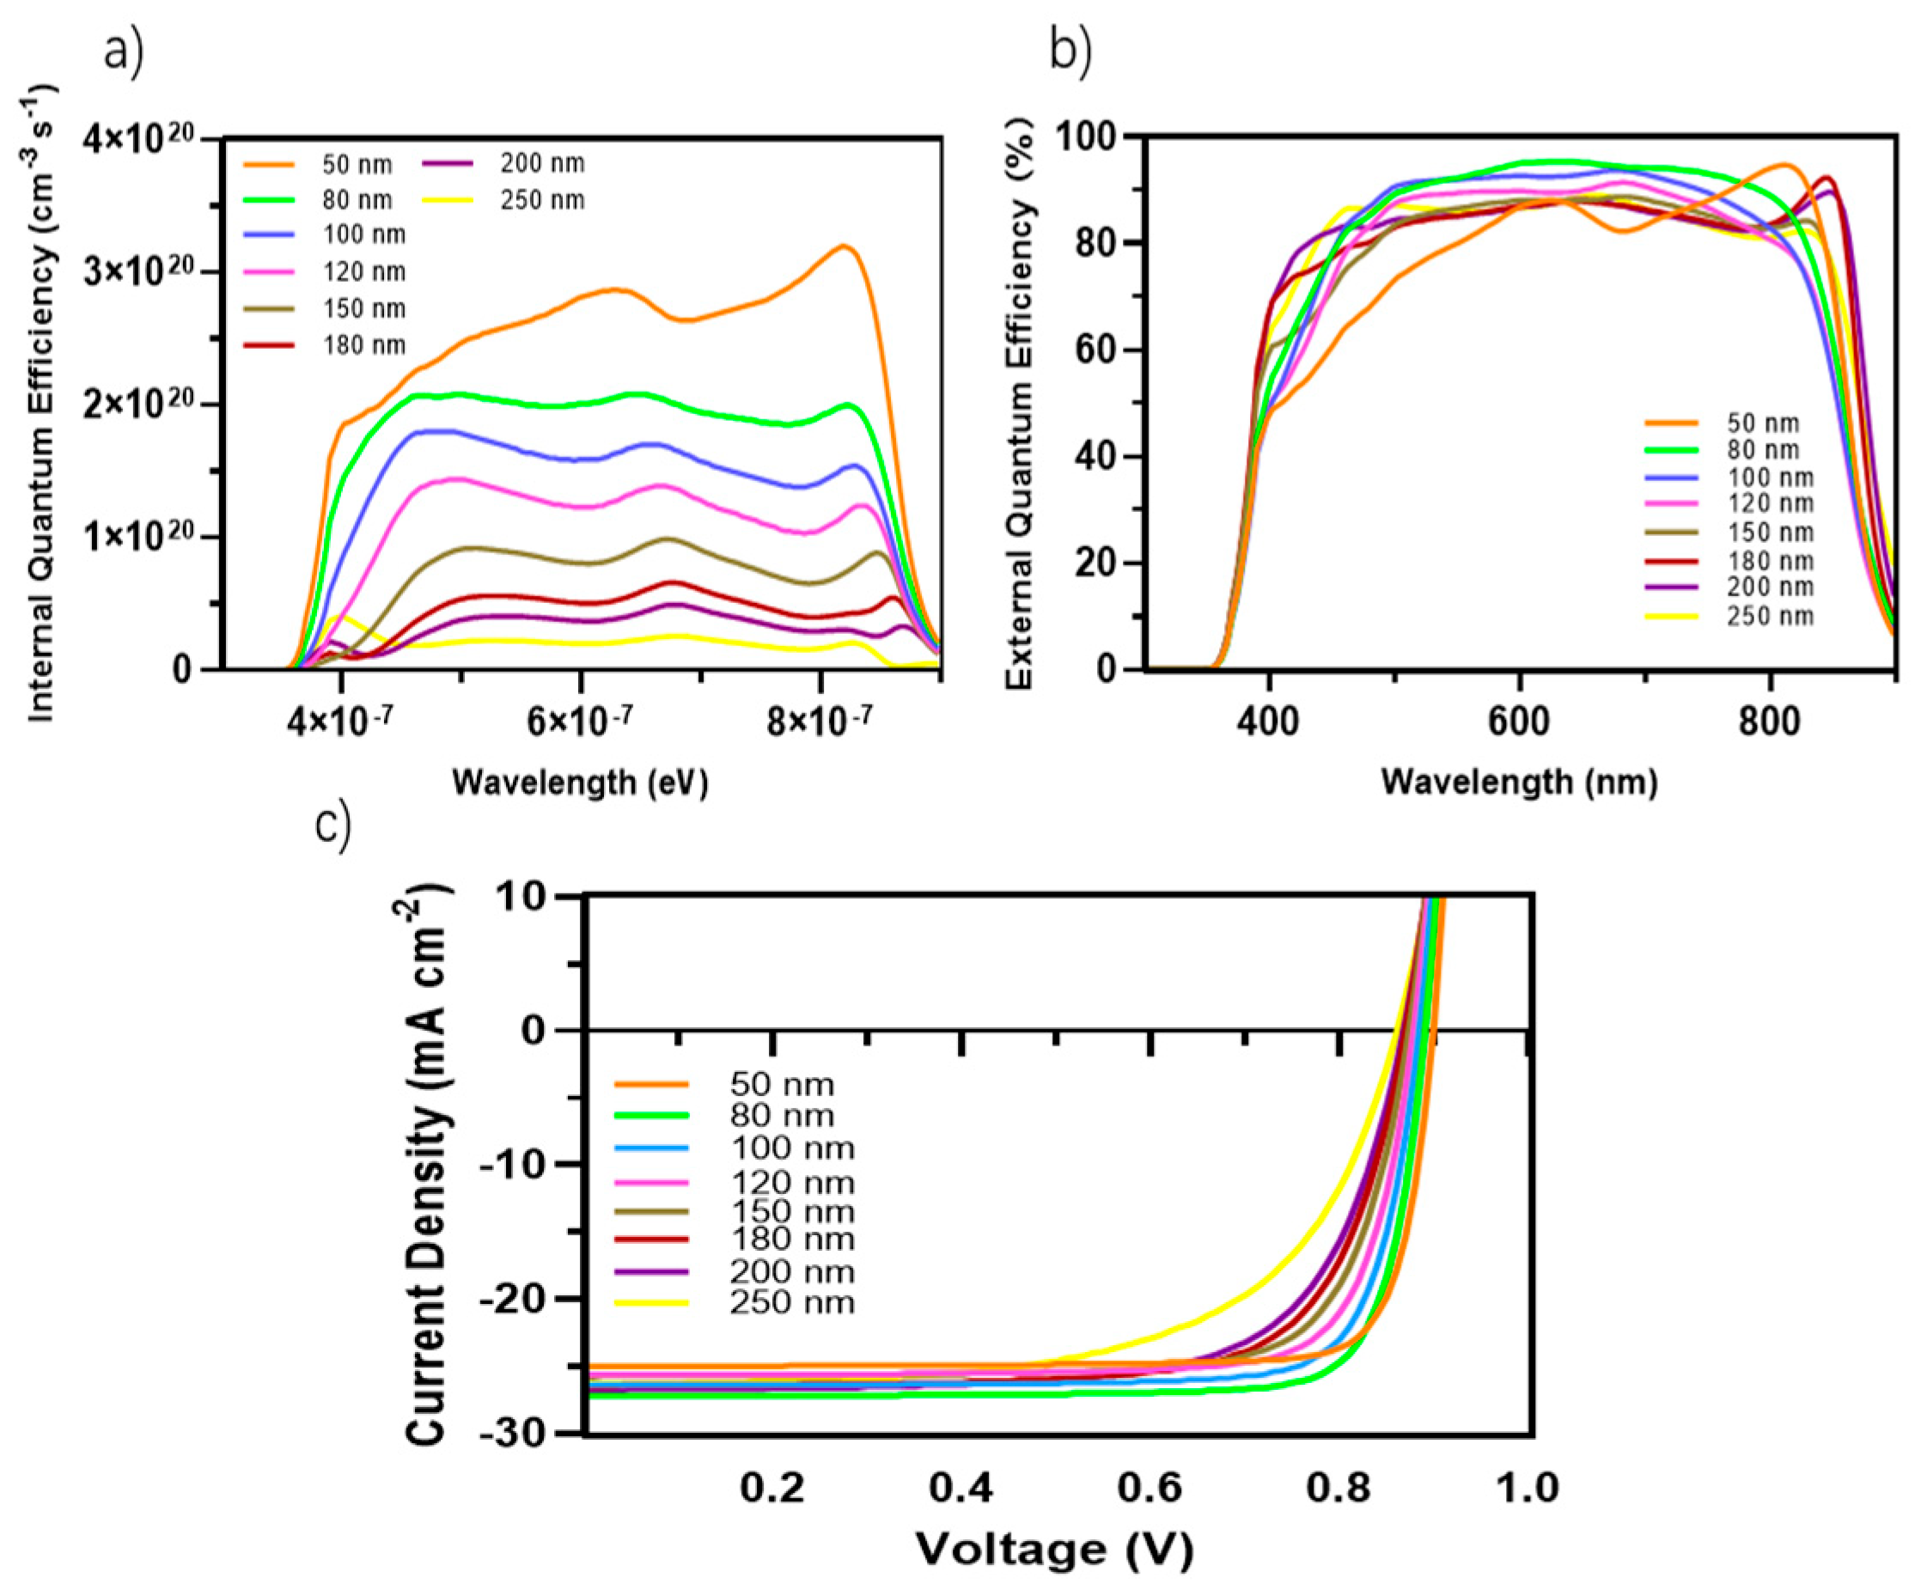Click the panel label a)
click(x=124, y=53)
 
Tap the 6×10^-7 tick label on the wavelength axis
click(x=579, y=722)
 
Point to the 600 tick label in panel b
click(x=1519, y=722)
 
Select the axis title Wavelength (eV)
click(x=580, y=783)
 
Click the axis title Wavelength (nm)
click(x=1519, y=783)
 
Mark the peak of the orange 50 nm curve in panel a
click(x=843, y=245)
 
